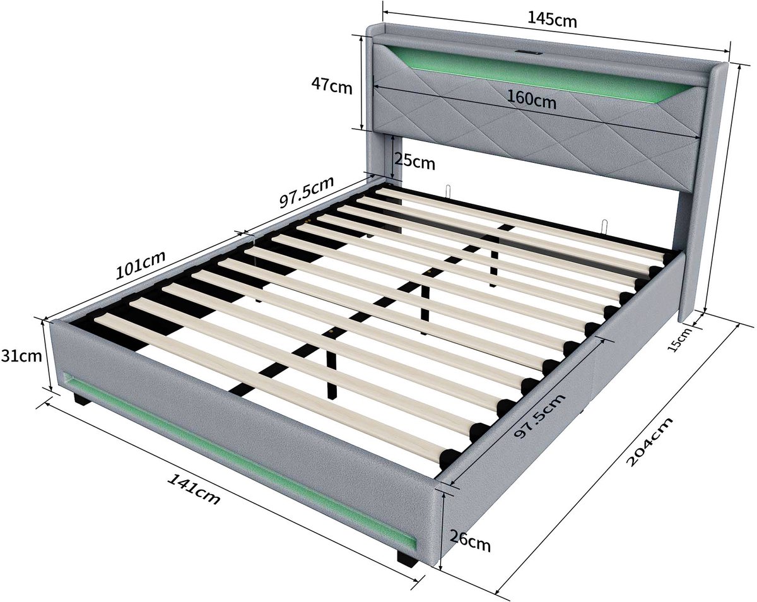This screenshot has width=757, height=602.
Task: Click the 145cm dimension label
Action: [x=552, y=20]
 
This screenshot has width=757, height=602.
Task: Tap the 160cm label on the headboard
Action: [x=532, y=99]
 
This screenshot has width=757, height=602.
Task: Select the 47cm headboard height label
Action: [x=331, y=86]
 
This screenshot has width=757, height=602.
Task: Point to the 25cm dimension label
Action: [x=414, y=161]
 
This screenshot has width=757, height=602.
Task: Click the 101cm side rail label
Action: [x=140, y=265]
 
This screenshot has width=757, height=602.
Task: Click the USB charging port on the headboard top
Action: [x=528, y=53]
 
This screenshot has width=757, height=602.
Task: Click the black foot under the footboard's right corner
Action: [x=408, y=558]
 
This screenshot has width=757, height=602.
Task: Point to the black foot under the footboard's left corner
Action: [x=82, y=399]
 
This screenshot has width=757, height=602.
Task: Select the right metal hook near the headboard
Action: [x=604, y=227]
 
